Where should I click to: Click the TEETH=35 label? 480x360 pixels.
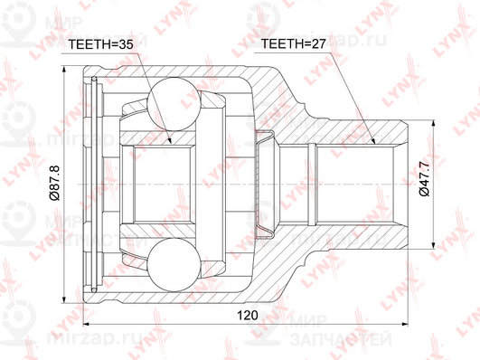click(x=100, y=44)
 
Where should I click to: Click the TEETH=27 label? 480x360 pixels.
click(x=293, y=44)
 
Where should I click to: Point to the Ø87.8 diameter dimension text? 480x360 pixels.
click(x=55, y=183)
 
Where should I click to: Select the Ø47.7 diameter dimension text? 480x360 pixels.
click(x=425, y=179)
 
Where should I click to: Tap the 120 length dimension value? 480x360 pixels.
click(x=248, y=315)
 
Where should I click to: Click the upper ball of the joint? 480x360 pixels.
click(x=174, y=104)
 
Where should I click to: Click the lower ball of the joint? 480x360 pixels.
click(x=174, y=264)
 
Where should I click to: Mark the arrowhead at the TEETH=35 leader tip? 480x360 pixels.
click(x=170, y=139)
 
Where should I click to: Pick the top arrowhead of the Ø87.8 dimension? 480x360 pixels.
click(x=64, y=71)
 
